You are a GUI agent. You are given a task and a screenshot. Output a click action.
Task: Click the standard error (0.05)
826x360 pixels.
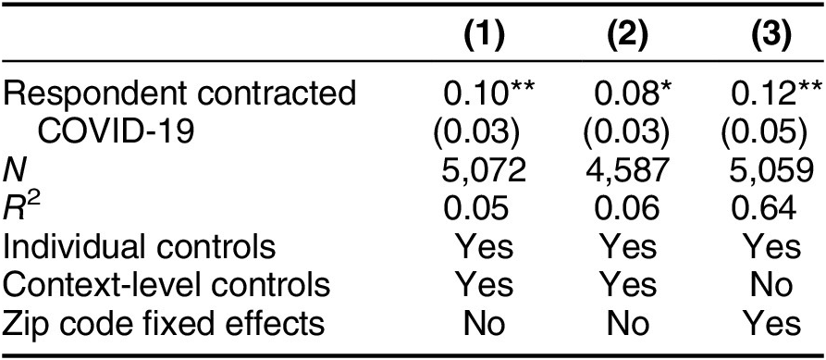(x=762, y=131)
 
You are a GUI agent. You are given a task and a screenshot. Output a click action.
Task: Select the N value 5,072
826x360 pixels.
(x=475, y=169)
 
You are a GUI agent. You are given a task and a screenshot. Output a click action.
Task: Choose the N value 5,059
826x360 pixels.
(x=762, y=169)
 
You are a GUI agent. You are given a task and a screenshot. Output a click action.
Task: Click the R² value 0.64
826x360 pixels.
(x=762, y=208)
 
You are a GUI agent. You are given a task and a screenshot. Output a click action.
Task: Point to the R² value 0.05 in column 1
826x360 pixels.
(x=475, y=208)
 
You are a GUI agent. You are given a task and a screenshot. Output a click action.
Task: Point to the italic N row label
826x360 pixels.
(x=13, y=169)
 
